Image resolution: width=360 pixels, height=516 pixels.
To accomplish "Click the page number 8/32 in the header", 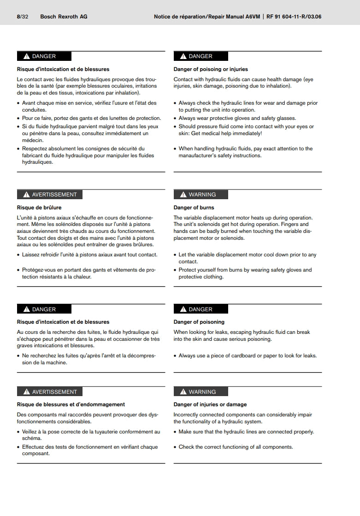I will pyautogui.click(x=22, y=17).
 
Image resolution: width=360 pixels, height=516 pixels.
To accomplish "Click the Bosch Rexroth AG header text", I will pyautogui.click(x=64, y=17).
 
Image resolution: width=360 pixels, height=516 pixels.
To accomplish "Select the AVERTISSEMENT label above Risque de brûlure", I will pyautogui.click(x=54, y=195).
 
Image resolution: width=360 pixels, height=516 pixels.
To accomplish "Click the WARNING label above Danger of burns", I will pyautogui.click(x=202, y=195).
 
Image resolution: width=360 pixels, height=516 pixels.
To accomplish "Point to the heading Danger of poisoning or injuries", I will pyautogui.click(x=211, y=69).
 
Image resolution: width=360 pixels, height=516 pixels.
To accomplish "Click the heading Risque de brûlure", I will pyautogui.click(x=39, y=208).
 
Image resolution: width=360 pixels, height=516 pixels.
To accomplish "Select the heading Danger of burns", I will pyautogui.click(x=194, y=208).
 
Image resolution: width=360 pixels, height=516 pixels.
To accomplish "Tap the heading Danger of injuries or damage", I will pyautogui.click(x=210, y=404).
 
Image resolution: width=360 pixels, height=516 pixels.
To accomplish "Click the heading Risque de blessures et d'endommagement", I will pyautogui.click(x=71, y=404).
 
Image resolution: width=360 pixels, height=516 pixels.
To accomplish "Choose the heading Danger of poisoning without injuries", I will pyautogui.click(x=199, y=322).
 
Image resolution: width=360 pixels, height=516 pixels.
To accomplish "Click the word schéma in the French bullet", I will pyautogui.click(x=32, y=439).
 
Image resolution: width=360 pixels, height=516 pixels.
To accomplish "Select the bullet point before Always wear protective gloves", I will pyautogui.click(x=175, y=119).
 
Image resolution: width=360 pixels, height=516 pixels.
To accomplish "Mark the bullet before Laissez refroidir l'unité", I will pyautogui.click(x=18, y=255).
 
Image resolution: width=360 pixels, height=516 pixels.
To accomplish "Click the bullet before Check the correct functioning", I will pyautogui.click(x=175, y=447).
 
